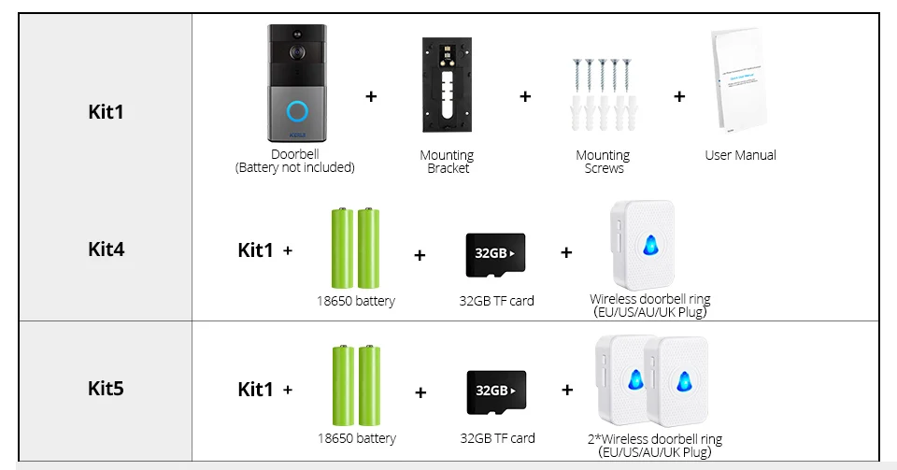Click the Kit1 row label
[x=106, y=112]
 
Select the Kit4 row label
[x=106, y=249]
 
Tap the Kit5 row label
[x=106, y=388]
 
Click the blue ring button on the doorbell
[x=297, y=110]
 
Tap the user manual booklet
[x=740, y=83]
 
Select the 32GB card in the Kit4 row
[x=495, y=254]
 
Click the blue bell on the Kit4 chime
[x=649, y=245]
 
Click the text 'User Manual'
[x=740, y=155]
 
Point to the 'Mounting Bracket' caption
[x=447, y=162]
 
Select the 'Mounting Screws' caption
[x=603, y=162]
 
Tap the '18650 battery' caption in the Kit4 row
[x=355, y=301]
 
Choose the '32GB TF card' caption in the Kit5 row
[x=497, y=437]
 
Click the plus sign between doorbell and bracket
[x=371, y=95]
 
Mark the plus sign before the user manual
[x=679, y=95]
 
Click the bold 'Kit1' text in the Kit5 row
[x=256, y=389]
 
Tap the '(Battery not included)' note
[x=295, y=168]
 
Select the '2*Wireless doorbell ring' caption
[x=655, y=438]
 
